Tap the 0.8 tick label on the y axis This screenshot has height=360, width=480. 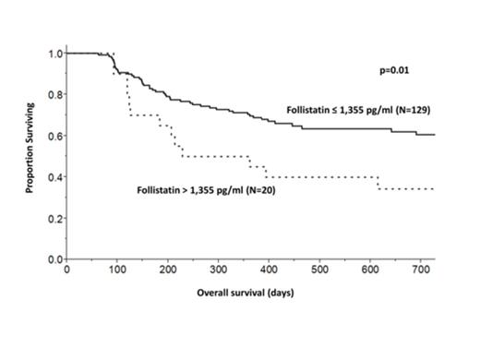(54, 94)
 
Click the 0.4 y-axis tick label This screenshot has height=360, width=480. (54, 177)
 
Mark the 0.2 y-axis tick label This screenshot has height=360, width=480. (54, 218)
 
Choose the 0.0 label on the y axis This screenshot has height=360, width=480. (54, 259)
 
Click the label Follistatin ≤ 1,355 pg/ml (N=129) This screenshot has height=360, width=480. (360, 111)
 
